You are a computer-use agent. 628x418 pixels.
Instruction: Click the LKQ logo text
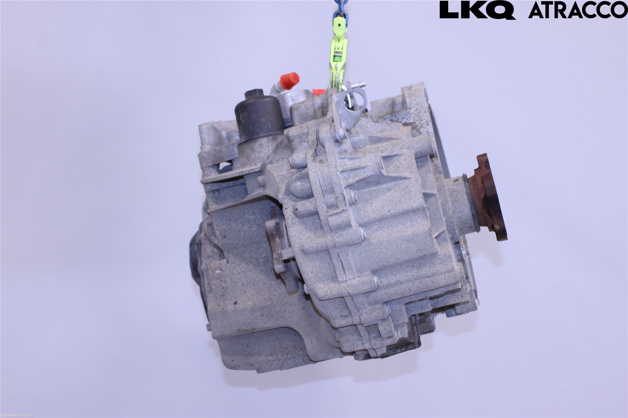pos(477,10)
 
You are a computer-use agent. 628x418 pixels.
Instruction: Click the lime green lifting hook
pos(341,54)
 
